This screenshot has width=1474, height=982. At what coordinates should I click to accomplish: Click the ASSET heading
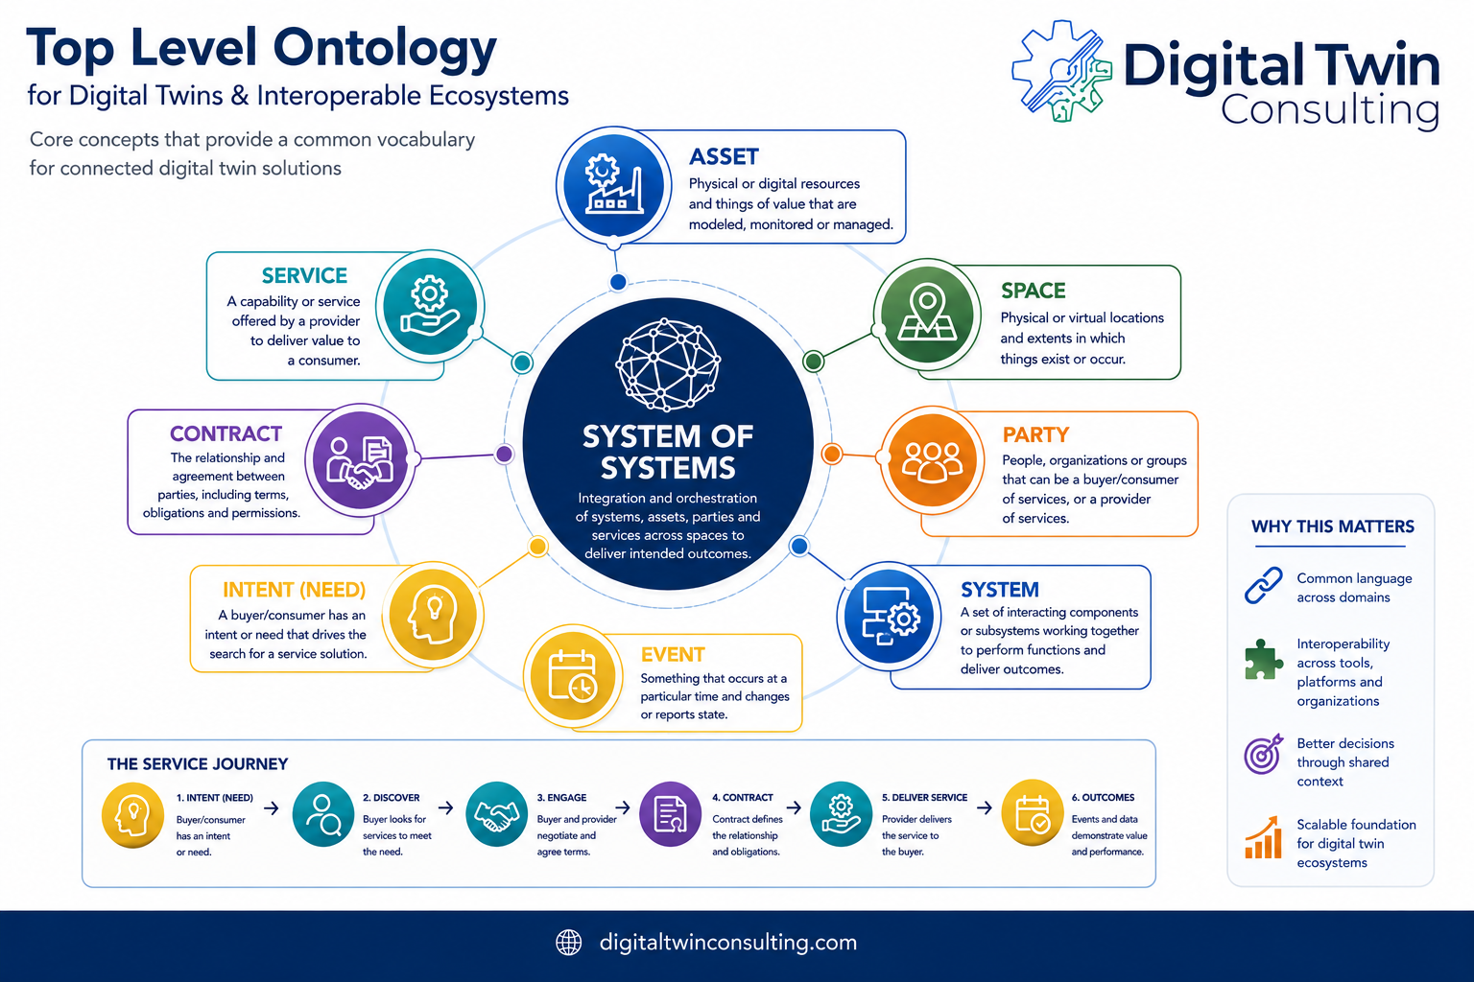[x=724, y=156]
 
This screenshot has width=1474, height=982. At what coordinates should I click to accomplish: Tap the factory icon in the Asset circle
[x=613, y=183]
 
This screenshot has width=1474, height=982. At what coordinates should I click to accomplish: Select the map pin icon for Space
[x=927, y=312]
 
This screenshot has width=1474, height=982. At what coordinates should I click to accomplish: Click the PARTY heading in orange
[x=1035, y=434]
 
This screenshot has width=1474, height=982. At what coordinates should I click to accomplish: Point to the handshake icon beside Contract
[x=360, y=463]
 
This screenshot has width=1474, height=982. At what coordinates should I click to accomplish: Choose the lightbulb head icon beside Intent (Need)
[x=433, y=617]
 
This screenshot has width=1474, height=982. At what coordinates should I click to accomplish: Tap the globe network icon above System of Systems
[x=667, y=365]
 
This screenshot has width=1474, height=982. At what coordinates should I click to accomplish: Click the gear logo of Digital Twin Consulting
[x=1061, y=72]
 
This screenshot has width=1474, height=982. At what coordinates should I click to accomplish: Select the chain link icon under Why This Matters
[x=1263, y=585]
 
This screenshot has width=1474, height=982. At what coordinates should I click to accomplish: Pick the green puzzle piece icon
[x=1263, y=660]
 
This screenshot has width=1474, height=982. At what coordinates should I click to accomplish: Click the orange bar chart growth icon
[x=1264, y=837]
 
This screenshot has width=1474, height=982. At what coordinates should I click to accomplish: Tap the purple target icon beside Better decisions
[x=1263, y=754]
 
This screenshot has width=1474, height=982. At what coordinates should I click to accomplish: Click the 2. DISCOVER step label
[x=391, y=798]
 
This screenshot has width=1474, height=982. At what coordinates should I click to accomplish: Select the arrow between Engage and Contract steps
[x=623, y=807]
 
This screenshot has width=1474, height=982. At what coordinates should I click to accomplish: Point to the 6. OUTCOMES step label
[x=1103, y=797]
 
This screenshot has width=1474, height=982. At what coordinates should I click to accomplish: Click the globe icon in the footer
[x=568, y=943]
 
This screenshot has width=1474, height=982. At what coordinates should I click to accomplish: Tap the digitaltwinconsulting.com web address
[x=727, y=943]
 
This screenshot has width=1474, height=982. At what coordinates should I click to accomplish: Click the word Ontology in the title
[x=385, y=49]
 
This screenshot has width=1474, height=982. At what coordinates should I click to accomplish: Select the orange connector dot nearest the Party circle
[x=832, y=454]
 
